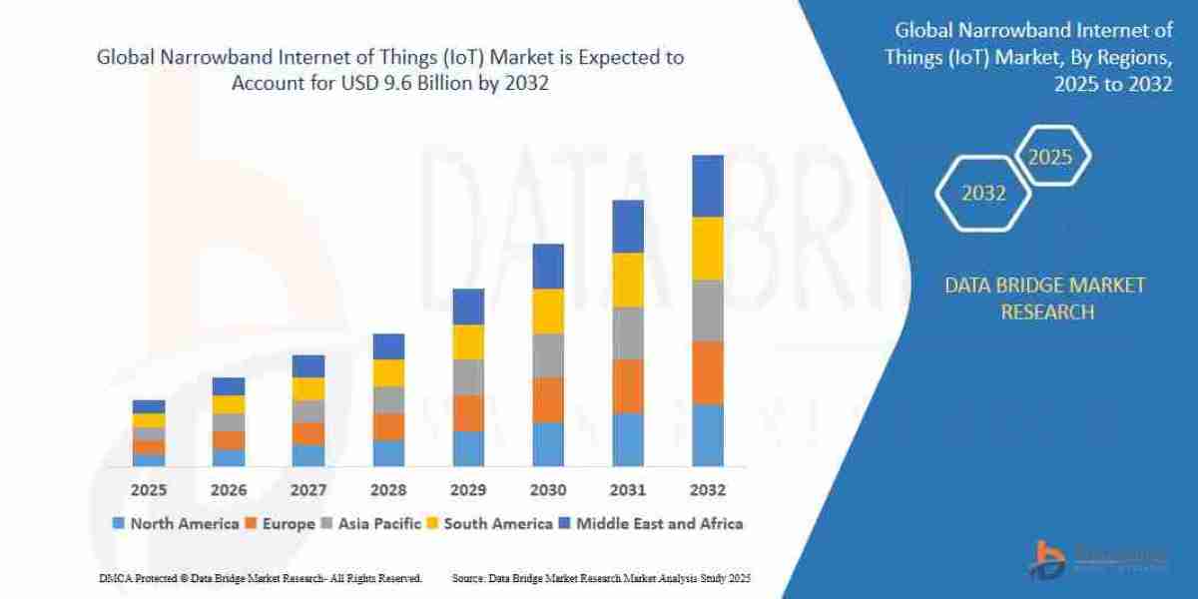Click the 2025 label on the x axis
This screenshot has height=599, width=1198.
coord(149,490)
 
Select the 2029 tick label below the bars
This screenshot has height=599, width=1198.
coord(468,490)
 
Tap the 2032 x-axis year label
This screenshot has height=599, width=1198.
coord(708,490)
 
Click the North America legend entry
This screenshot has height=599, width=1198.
coord(176,523)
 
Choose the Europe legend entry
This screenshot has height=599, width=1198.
coord(282,523)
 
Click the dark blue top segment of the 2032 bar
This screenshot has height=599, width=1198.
coord(708,186)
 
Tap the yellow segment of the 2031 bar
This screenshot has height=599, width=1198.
coord(628,280)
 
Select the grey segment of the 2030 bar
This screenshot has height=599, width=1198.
coord(548,355)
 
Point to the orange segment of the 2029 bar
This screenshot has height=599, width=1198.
coord(468,413)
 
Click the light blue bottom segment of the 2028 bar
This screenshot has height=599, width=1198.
coord(388,453)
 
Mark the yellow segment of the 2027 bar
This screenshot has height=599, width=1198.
coord(308,389)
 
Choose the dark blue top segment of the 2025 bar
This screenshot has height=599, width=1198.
coord(149,406)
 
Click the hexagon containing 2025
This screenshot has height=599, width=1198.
coord(1050,157)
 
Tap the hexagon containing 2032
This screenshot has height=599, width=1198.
coord(983,194)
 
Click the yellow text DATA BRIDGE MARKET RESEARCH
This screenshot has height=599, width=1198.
coord(1045,299)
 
